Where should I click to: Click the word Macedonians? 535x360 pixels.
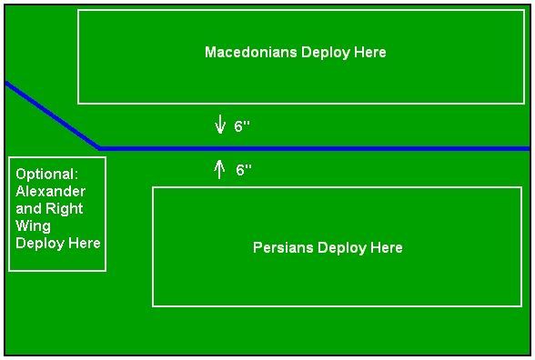250,52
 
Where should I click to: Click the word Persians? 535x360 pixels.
283,247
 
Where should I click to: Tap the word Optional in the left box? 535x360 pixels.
46,175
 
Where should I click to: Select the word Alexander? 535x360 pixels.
51,191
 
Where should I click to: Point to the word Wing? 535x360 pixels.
33,226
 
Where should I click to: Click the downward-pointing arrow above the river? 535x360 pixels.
220,124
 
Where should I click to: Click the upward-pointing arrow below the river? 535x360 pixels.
219,169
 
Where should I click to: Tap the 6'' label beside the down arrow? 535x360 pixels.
242,125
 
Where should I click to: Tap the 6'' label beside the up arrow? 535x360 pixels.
244,169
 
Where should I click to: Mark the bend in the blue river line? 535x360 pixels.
99,148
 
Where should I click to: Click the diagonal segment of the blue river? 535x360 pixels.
52,115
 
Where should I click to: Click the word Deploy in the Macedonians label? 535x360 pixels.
326,53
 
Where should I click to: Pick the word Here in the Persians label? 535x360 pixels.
387,247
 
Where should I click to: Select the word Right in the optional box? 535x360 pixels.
64,209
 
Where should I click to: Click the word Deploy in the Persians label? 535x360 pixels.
342,248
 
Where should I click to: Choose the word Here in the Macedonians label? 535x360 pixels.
370,52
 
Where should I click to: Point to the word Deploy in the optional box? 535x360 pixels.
40,244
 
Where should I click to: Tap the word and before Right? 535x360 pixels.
29,209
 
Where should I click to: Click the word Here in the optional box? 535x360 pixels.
85,244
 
